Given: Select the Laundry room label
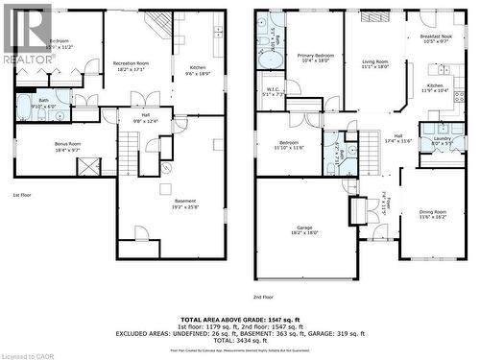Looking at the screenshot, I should pos(442,140).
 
